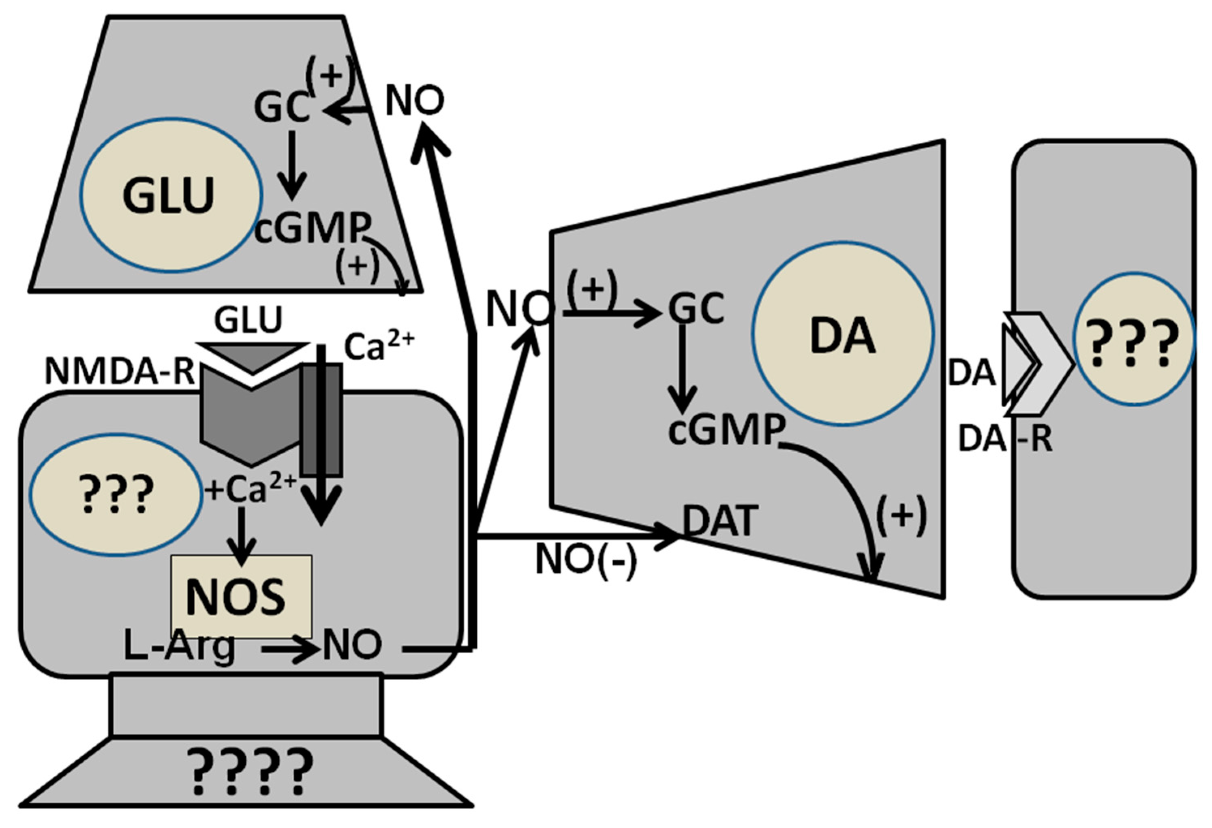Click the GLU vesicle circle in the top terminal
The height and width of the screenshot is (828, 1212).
tap(171, 195)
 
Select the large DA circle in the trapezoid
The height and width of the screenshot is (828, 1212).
tap(842, 334)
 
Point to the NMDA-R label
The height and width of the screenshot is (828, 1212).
tap(120, 372)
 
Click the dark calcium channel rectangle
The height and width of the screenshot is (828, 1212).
tap(322, 420)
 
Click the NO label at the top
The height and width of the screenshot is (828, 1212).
tap(414, 101)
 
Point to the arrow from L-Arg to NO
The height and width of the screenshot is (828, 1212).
tap(290, 650)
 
